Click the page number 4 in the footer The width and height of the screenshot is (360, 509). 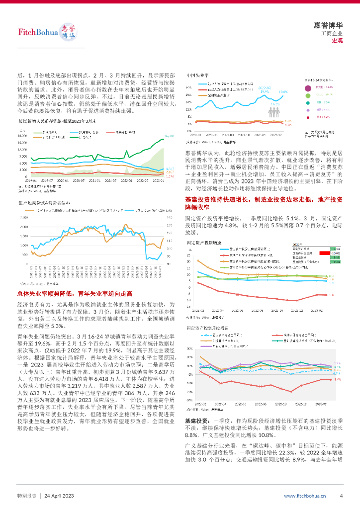click(341, 496)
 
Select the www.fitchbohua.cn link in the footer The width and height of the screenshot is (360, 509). click(305, 496)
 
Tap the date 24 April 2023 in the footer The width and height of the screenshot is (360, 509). click(59, 496)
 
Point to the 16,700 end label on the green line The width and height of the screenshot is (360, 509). click(169, 136)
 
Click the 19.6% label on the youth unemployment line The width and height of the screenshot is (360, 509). click(283, 92)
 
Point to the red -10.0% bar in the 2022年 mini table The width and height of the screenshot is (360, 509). click(326, 253)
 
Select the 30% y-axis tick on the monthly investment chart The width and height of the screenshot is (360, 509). click(189, 348)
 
